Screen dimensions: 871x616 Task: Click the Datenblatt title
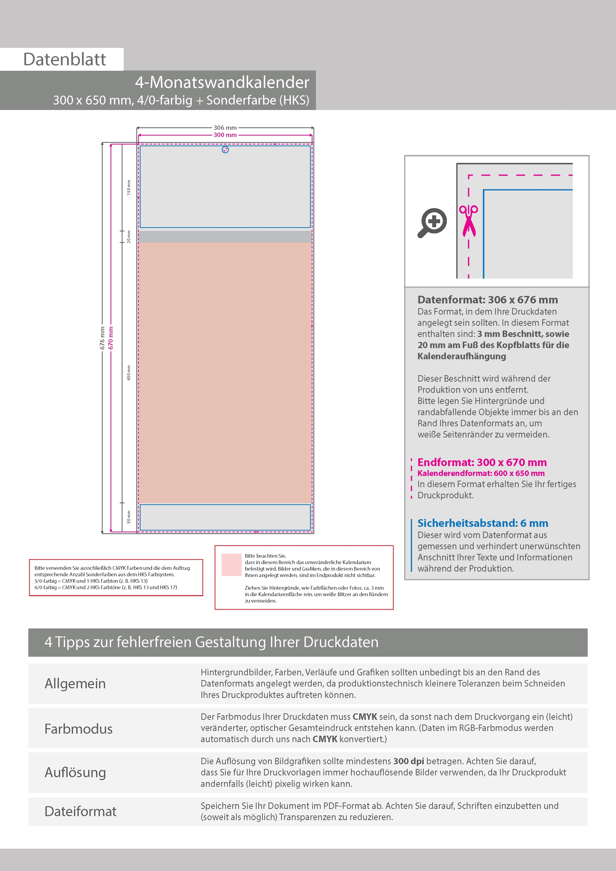click(x=65, y=60)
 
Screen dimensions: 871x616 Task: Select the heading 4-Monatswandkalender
click(x=222, y=82)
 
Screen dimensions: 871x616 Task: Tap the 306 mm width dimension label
click(x=225, y=128)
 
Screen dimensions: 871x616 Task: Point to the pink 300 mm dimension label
click(x=225, y=135)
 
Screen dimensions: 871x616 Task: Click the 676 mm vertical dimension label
click(x=102, y=338)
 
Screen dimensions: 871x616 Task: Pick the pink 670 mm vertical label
click(x=111, y=338)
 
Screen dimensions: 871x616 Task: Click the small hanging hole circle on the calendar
click(x=225, y=150)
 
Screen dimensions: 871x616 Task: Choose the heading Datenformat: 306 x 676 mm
click(x=487, y=300)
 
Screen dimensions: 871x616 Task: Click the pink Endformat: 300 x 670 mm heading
click(x=482, y=462)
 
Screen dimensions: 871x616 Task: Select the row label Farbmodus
click(x=78, y=729)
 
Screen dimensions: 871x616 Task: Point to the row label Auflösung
click(x=75, y=772)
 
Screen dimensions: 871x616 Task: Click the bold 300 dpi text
click(x=408, y=761)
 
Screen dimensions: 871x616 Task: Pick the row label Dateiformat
click(x=80, y=811)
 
